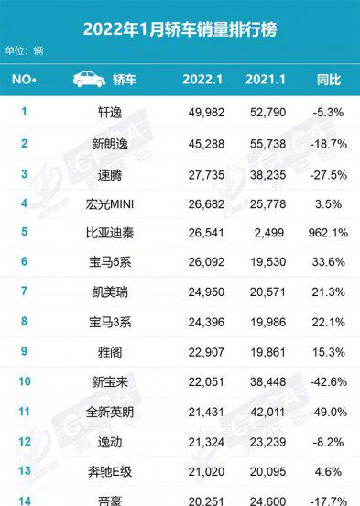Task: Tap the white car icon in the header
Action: tap(88, 80)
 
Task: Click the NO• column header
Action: tap(25, 80)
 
